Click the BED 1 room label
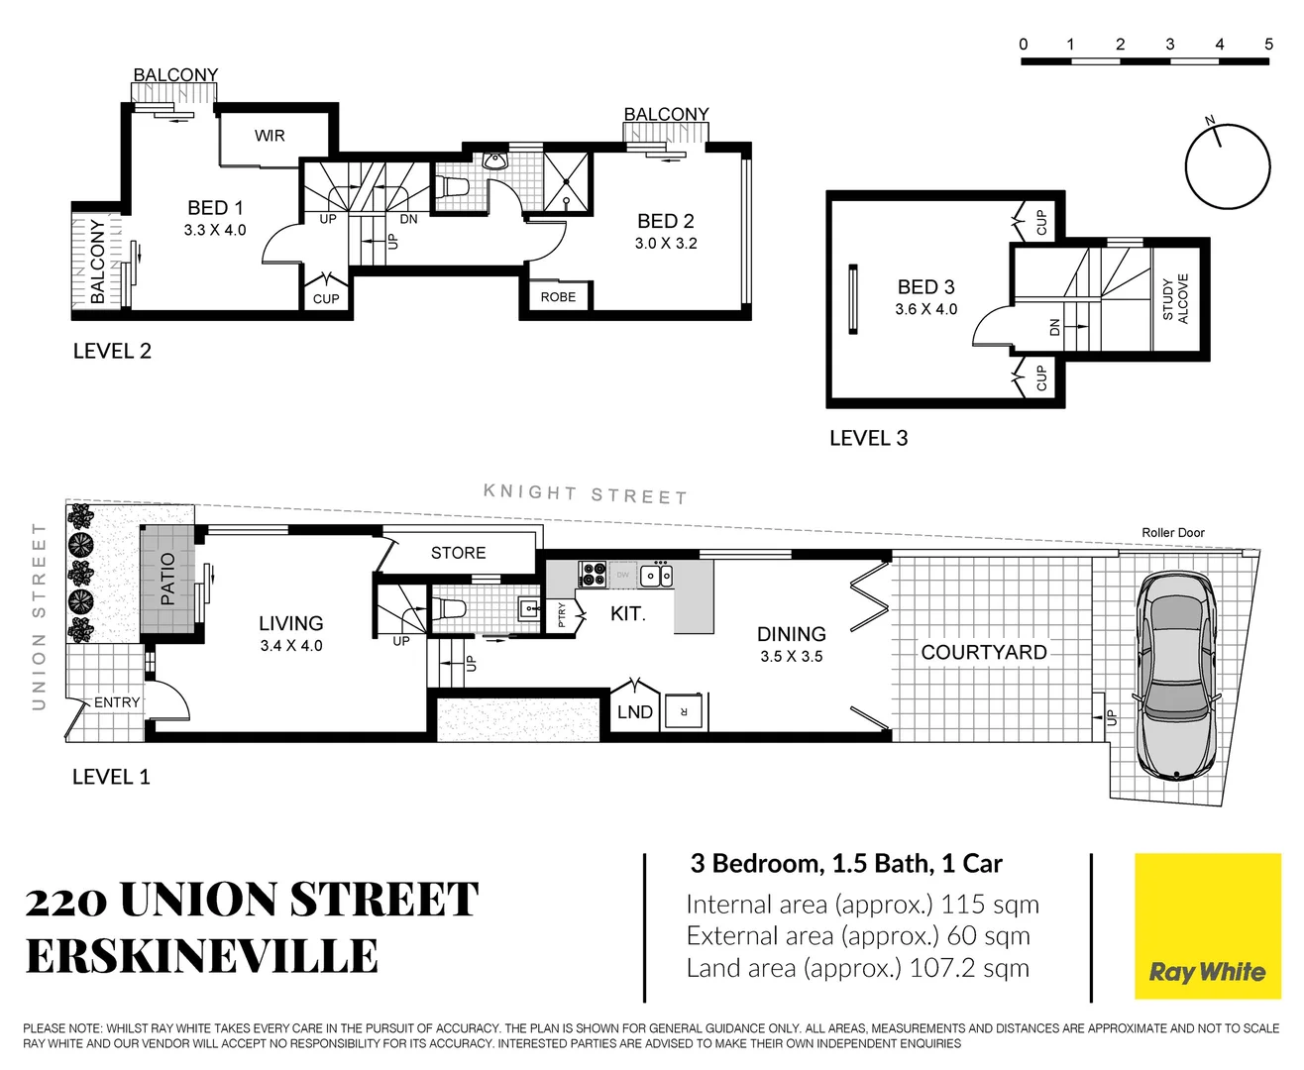click(x=215, y=208)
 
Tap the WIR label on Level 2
click(x=270, y=136)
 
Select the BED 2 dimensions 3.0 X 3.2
click(x=666, y=244)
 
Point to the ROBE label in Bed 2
click(x=558, y=297)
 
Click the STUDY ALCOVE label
click(x=1175, y=298)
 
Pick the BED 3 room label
click(x=925, y=287)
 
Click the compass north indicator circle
click(x=1228, y=166)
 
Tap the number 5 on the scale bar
click(x=1268, y=45)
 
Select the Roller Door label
click(x=1172, y=533)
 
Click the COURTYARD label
click(x=983, y=653)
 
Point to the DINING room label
click(x=791, y=634)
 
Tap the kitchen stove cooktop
click(x=593, y=574)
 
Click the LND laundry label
click(x=634, y=712)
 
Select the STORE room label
click(x=458, y=553)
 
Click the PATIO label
click(x=167, y=580)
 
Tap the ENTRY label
click(x=117, y=702)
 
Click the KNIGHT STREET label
click(x=585, y=494)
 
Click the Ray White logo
click(x=1207, y=926)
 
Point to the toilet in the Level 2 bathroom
click(x=452, y=187)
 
